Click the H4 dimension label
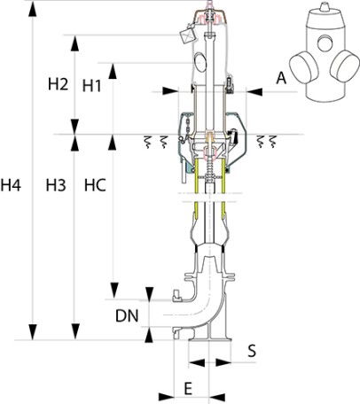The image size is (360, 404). pyautogui.click(x=11, y=185)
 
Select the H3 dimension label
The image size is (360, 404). pyautogui.click(x=56, y=185)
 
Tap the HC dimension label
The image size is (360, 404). pyautogui.click(x=95, y=185)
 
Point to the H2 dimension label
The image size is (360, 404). pyautogui.click(x=59, y=84)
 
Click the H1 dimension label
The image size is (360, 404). pyautogui.click(x=92, y=86)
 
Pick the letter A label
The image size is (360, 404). pyautogui.click(x=281, y=79)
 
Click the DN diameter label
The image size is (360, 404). pyautogui.click(x=127, y=316)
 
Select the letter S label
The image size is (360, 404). pyautogui.click(x=252, y=351)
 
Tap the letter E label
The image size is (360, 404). pyautogui.click(x=188, y=388)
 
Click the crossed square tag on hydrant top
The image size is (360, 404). pyautogui.click(x=187, y=36)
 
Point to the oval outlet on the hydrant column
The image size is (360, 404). pyautogui.click(x=200, y=62)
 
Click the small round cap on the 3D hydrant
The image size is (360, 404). pyautogui.click(x=325, y=43)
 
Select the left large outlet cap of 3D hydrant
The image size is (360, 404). pyautogui.click(x=303, y=67)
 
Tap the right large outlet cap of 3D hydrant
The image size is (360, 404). pyautogui.click(x=345, y=66)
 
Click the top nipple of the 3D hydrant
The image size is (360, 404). pyautogui.click(x=325, y=7)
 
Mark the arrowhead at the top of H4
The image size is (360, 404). pyautogui.click(x=33, y=10)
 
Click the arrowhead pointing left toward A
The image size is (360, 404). pyautogui.click(x=254, y=92)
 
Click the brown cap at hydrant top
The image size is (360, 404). pyautogui.click(x=209, y=15)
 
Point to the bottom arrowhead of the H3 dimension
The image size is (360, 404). pyautogui.click(x=76, y=331)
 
